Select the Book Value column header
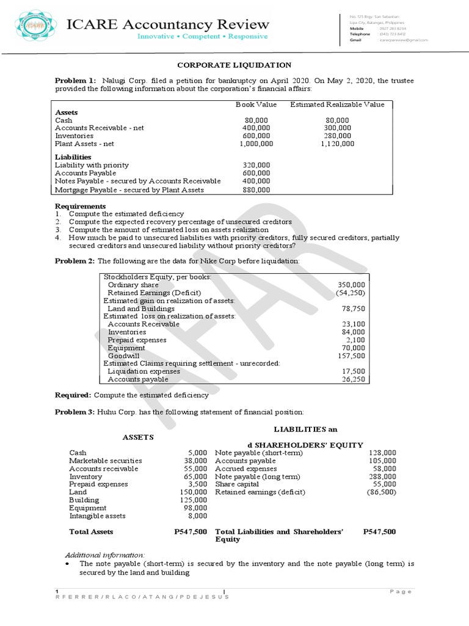pos(256,105)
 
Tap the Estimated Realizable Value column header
pos(337,105)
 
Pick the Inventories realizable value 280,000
pos(337,136)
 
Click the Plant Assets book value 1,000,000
pos(256,144)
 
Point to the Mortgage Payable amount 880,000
pos(256,190)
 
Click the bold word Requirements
pos(80,206)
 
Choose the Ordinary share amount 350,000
pos(351,285)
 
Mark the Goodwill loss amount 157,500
pos(351,355)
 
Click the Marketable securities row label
pos(105,460)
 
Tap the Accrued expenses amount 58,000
pos(384,468)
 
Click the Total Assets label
pos(91,532)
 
